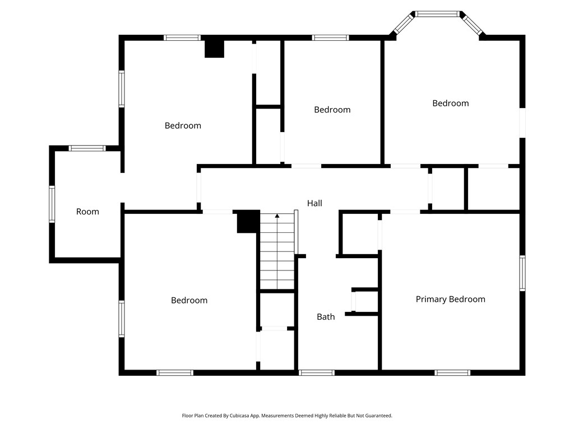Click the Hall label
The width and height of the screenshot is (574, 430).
(314, 203)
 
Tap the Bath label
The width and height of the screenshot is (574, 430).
(326, 317)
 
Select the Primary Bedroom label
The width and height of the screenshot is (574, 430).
(450, 299)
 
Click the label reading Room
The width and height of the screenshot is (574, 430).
(87, 212)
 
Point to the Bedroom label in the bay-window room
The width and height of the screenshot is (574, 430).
(450, 103)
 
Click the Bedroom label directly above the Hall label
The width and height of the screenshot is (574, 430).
(332, 110)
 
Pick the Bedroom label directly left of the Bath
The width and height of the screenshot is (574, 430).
(189, 300)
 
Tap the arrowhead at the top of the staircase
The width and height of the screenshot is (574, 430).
(277, 215)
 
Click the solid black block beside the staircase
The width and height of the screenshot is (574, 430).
(248, 221)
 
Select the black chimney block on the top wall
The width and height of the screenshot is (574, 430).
(214, 48)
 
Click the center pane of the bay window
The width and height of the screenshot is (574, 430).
(437, 13)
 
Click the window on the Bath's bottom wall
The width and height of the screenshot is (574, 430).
(317, 372)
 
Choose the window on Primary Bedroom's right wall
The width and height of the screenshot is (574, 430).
(522, 273)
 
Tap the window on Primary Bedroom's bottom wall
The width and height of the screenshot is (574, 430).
(452, 372)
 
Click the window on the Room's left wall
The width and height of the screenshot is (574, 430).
(52, 204)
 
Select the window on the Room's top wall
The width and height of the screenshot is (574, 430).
(87, 148)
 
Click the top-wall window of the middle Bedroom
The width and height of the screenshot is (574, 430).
(330, 38)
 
